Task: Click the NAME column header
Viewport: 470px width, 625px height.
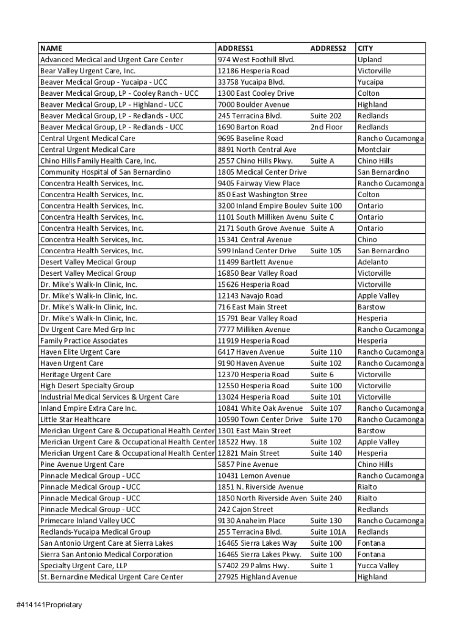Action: pyautogui.click(x=51, y=48)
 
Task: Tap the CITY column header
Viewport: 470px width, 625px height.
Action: pyautogui.click(x=365, y=48)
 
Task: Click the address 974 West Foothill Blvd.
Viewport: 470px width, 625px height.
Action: pyautogui.click(x=256, y=60)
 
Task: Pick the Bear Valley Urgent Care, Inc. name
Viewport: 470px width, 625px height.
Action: pyautogui.click(x=88, y=71)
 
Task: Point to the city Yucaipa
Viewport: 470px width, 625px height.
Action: pyautogui.click(x=371, y=82)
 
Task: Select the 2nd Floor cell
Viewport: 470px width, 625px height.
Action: pyautogui.click(x=327, y=127)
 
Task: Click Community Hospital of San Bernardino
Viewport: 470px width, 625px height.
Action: pyautogui.click(x=106, y=172)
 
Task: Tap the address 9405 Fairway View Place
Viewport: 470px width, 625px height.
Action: pyautogui.click(x=259, y=183)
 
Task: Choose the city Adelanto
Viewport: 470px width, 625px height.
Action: pyautogui.click(x=372, y=262)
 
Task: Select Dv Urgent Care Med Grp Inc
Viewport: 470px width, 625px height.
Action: pyautogui.click(x=88, y=330)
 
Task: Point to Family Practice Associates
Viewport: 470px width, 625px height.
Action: pyautogui.click(x=84, y=341)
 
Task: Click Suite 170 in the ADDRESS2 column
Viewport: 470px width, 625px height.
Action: pyautogui.click(x=326, y=419)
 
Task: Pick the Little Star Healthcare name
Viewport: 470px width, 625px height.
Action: pyautogui.click(x=75, y=419)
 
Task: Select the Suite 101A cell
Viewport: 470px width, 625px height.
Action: pyautogui.click(x=328, y=532)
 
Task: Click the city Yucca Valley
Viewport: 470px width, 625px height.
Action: pyautogui.click(x=378, y=566)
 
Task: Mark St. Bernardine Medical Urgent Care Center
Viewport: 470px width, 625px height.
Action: pyautogui.click(x=112, y=577)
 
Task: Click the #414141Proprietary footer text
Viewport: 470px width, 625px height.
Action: pyautogui.click(x=49, y=605)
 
